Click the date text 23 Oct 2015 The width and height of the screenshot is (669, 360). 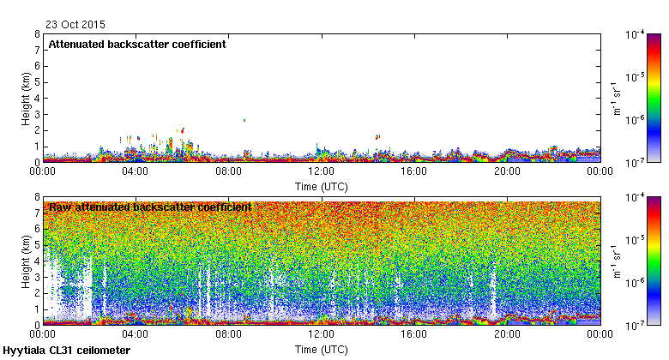click(70, 25)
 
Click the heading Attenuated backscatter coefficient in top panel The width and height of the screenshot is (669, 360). click(137, 45)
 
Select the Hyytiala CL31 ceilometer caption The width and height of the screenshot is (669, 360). click(67, 351)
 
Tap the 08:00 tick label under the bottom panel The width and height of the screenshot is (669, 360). click(228, 334)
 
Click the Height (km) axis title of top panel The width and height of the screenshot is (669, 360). click(27, 98)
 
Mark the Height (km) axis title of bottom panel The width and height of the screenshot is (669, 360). click(27, 261)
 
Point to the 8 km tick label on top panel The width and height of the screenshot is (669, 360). click(37, 34)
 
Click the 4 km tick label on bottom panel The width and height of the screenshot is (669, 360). click(37, 261)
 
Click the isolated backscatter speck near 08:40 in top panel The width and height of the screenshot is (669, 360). click(244, 121)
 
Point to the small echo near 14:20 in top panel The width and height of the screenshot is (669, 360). click(377, 136)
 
